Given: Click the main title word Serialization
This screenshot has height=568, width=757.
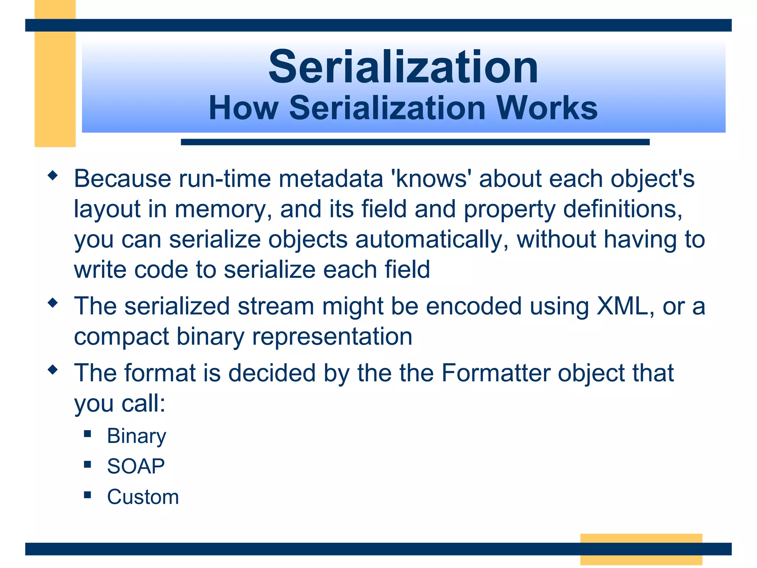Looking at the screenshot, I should (403, 67).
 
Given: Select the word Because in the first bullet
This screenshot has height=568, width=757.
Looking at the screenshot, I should (122, 179).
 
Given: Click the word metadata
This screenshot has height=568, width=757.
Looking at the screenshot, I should (330, 179).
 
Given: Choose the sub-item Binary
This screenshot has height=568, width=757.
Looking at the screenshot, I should (136, 436).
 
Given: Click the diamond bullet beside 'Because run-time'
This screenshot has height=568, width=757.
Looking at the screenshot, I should (53, 175).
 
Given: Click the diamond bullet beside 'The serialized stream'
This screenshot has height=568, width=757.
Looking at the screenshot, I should (53, 303).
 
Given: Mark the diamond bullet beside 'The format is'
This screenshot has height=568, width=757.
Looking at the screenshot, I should (53, 369).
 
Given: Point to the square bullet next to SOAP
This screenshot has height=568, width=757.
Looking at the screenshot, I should (87, 464).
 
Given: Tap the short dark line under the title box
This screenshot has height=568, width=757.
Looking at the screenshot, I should (415, 142).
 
